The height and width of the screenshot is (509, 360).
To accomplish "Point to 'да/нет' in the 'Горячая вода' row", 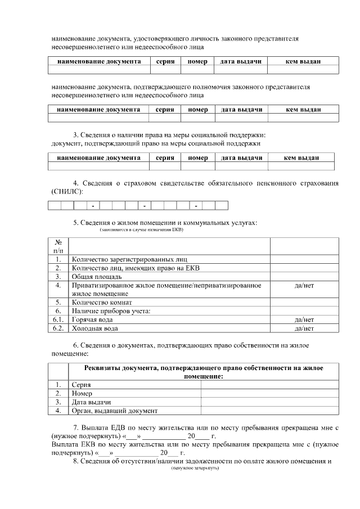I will click(x=304, y=319).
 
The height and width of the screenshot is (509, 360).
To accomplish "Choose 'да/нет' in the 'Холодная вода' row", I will click(x=304, y=328).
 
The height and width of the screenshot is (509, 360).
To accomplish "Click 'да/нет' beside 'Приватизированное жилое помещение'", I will click(x=304, y=286).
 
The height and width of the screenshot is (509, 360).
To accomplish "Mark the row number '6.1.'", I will click(x=58, y=319).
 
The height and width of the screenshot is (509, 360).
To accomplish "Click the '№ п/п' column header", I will click(x=58, y=246).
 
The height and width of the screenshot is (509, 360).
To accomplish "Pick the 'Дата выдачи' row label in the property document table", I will click(x=91, y=402).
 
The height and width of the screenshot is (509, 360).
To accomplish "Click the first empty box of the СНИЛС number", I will click(x=54, y=205).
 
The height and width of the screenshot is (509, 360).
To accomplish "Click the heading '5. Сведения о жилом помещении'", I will click(x=165, y=223).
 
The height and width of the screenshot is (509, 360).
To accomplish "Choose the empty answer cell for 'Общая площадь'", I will click(x=304, y=277).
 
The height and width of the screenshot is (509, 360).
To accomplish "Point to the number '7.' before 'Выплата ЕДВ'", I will click(x=76, y=428).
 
